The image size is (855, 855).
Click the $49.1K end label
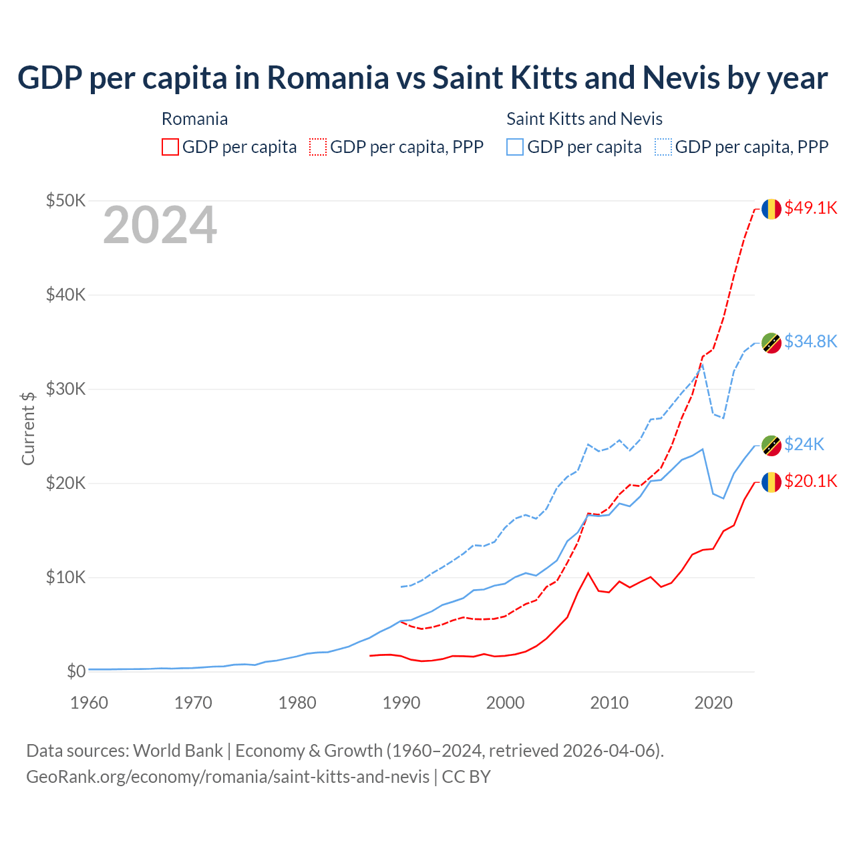[x=810, y=208]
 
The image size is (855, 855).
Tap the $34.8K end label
[x=810, y=341]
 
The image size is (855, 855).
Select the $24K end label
[x=804, y=444]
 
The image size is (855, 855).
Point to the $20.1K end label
[x=810, y=481]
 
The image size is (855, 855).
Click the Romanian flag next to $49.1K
[x=772, y=208]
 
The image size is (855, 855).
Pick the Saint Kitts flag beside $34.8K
[x=772, y=343]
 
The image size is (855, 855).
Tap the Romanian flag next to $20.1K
[x=772, y=482]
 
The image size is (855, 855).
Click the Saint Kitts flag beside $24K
[x=772, y=446]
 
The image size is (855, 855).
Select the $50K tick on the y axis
[x=65, y=200]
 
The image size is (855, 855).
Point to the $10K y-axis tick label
[x=65, y=577]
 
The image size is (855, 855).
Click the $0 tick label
[x=76, y=671]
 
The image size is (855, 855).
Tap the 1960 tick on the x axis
[x=89, y=703]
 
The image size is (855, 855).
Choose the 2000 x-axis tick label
[x=505, y=703]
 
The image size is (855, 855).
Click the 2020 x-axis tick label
[x=713, y=703]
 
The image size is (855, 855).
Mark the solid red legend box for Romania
[x=170, y=147]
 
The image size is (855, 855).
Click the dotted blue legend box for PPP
[x=663, y=147]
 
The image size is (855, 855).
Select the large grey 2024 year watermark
[x=160, y=225]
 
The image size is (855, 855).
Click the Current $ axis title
[x=28, y=428]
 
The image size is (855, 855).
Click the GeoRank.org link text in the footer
[x=228, y=777]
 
